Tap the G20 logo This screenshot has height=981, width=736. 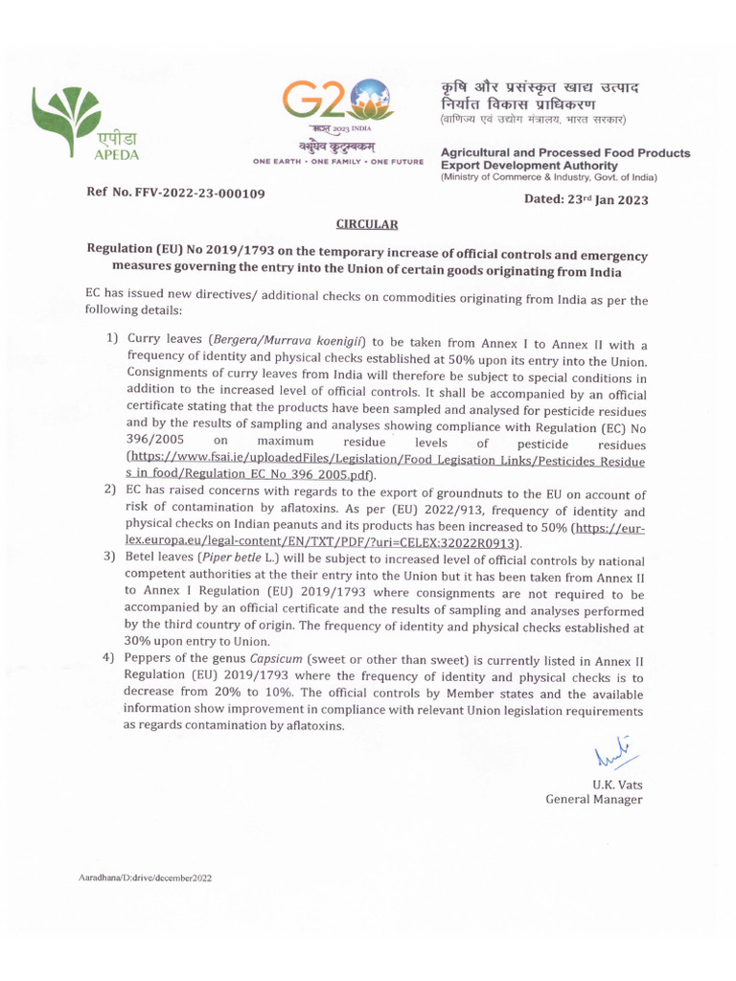(336, 101)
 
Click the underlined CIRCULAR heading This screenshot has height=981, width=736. (366, 224)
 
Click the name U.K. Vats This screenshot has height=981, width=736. (617, 784)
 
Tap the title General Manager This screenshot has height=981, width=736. (594, 799)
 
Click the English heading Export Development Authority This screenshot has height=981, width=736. (529, 165)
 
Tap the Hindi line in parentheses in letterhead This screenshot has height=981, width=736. (533, 120)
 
